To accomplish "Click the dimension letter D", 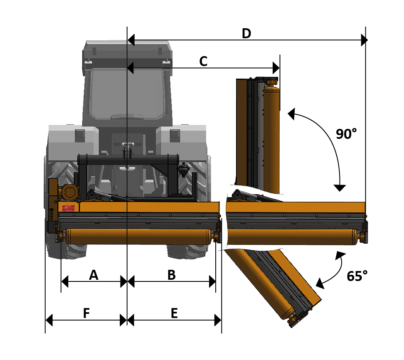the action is point(246,34).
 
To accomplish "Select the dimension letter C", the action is point(203,62).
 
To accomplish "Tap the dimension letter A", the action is point(94,275).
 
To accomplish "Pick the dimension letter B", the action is point(172,275).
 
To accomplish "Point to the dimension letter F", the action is point(86,313).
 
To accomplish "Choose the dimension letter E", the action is point(174,313).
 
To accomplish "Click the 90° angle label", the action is point(346,134).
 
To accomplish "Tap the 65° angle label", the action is point(357,276).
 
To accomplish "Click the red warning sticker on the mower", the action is point(69,208).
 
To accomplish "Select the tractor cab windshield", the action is point(128,93).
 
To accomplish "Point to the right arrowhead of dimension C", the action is point(276,68).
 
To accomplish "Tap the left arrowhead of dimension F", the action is point(49,320).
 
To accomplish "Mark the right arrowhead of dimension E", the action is point(218,320).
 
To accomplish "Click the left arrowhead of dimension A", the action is point(65,281).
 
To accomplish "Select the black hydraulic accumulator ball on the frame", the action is point(184,169).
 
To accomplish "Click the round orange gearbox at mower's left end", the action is point(69,191).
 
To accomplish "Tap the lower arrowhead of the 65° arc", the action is point(320,284).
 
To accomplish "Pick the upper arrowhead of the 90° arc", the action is point(291,114).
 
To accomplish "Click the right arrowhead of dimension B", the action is point(212,281).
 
